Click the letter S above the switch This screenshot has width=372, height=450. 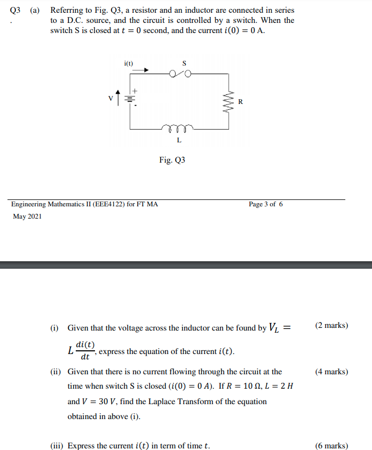click(184, 63)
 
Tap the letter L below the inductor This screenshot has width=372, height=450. click(179, 141)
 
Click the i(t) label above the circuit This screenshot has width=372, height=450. click(129, 63)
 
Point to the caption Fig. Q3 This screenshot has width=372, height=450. click(172, 160)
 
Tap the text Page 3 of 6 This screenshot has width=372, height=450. click(266, 204)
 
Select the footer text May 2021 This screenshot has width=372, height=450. click(27, 216)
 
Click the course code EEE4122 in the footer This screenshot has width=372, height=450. click(108, 204)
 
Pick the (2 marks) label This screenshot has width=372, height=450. click(331, 325)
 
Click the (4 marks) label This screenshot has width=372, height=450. click(331, 372)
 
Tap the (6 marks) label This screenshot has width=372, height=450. click(331, 446)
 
